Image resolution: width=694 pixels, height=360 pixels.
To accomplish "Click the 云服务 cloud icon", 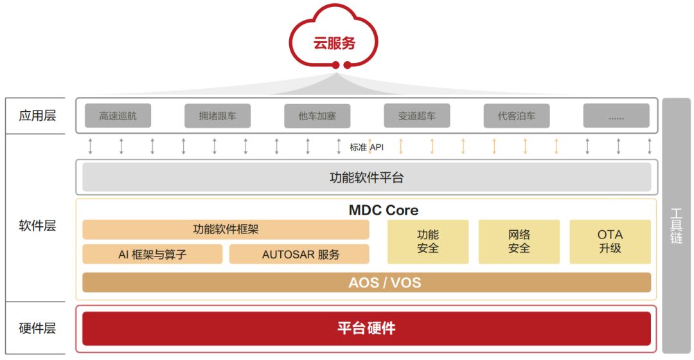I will click(x=334, y=41).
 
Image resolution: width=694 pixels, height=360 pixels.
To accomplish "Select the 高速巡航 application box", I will click(x=118, y=116).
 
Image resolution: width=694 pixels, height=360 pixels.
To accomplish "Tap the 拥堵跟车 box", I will click(x=217, y=116).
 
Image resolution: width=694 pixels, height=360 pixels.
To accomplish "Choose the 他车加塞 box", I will click(x=317, y=116).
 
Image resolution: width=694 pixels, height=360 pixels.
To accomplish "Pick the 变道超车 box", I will click(x=416, y=116).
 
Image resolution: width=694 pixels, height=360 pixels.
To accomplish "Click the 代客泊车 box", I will click(x=516, y=116).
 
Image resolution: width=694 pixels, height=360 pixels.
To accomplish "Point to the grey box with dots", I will click(x=616, y=116).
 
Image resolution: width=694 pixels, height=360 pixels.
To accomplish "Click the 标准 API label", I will click(x=367, y=147).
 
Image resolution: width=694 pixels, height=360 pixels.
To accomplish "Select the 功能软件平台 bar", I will click(x=366, y=177).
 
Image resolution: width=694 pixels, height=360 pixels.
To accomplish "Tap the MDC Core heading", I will click(x=384, y=210).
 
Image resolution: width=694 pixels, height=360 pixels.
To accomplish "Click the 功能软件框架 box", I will click(x=226, y=230).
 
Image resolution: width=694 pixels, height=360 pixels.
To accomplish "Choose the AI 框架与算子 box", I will click(x=152, y=254).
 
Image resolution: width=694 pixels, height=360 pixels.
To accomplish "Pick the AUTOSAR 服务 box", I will click(x=299, y=254).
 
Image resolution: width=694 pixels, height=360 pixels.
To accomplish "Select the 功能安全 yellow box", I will click(x=427, y=242).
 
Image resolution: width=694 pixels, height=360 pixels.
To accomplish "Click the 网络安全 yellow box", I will click(x=519, y=242).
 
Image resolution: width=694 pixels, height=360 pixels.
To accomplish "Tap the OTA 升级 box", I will click(x=610, y=242).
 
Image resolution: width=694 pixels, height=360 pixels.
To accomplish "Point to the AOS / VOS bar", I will click(x=366, y=282).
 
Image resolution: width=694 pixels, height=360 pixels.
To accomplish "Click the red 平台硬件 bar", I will click(x=366, y=328).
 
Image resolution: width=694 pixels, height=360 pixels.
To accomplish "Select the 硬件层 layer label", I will click(x=37, y=328).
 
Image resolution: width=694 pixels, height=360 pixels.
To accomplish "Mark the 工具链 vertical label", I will click(x=676, y=226).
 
